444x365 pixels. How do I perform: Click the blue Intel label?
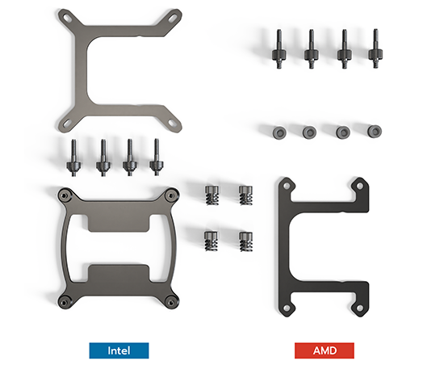[x=119, y=350]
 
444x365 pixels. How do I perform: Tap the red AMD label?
[x=325, y=350]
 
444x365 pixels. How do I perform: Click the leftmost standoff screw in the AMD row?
[x=279, y=49]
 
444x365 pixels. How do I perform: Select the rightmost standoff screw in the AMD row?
[x=375, y=48]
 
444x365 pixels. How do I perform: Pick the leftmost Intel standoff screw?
[x=73, y=157]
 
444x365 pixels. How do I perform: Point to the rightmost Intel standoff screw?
[x=157, y=157]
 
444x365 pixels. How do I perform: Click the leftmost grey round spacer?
[x=279, y=132]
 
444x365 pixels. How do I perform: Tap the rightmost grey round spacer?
[x=375, y=131]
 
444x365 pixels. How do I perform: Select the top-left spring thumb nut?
[x=212, y=195]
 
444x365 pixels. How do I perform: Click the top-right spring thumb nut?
[x=245, y=195]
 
